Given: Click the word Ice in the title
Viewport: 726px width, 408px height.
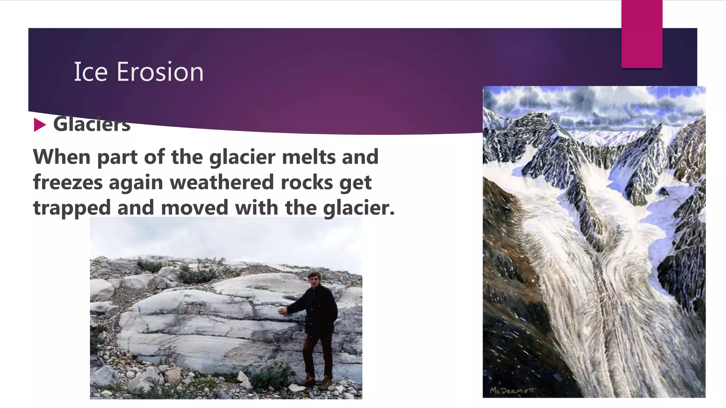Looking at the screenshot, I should (x=90, y=72).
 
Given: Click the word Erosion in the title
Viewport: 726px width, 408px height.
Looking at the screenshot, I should (x=160, y=72).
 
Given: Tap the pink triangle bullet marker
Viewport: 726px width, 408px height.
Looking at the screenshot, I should (x=40, y=125).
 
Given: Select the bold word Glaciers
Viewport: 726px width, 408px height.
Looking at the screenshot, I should (x=92, y=124).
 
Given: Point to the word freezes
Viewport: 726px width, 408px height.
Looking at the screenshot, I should (x=68, y=182).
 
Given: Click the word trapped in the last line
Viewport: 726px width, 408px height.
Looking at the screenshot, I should (x=72, y=208).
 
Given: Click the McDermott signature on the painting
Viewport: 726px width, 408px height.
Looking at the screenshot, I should (x=512, y=391).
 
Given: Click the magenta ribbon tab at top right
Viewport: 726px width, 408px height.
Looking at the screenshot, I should (x=642, y=34).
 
